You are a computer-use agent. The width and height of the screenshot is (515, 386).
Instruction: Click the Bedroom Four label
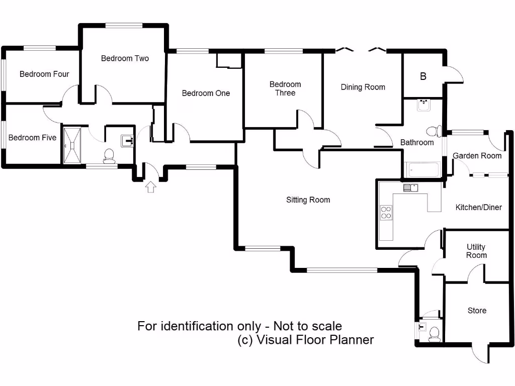coord(44,74)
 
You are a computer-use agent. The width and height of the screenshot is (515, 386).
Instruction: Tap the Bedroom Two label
coord(125,58)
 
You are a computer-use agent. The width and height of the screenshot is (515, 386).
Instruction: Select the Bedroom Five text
coord(32,138)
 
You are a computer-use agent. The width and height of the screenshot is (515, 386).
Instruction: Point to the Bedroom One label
coord(206,93)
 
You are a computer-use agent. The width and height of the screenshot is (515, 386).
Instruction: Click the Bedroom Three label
coord(285,88)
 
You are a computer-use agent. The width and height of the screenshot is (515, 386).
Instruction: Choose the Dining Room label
coord(363,87)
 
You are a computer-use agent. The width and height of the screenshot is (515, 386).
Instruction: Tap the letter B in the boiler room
coord(423,77)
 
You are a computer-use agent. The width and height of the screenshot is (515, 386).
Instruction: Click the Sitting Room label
coord(308,200)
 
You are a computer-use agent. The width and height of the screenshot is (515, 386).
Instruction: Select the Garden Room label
coord(477,156)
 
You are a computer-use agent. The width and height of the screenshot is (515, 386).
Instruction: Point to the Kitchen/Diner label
coord(478,208)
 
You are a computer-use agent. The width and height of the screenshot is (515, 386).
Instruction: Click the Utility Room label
coord(476,251)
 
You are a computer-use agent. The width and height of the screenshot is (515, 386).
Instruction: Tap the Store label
coord(477,311)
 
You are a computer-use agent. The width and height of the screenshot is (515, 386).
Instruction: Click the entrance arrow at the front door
coord(150,187)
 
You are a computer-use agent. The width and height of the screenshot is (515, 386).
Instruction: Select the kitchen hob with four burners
coord(386,213)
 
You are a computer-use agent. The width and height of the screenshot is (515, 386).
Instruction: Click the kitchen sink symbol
coord(410,188)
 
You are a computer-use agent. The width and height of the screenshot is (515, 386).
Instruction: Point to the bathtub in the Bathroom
coord(422,169)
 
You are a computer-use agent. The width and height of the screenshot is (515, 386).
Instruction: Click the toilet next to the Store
coord(434,333)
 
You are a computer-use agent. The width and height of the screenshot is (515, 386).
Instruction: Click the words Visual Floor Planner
coord(315,340)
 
